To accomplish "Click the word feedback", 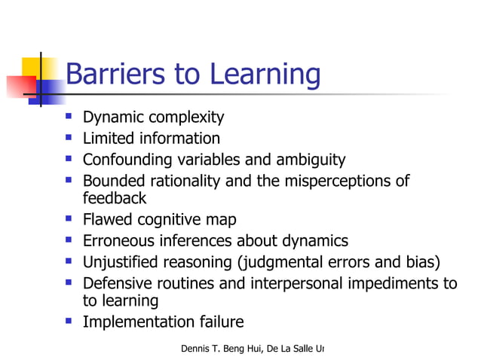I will pyautogui.click(x=114, y=198).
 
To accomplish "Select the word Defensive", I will pyautogui.click(x=118, y=283).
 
